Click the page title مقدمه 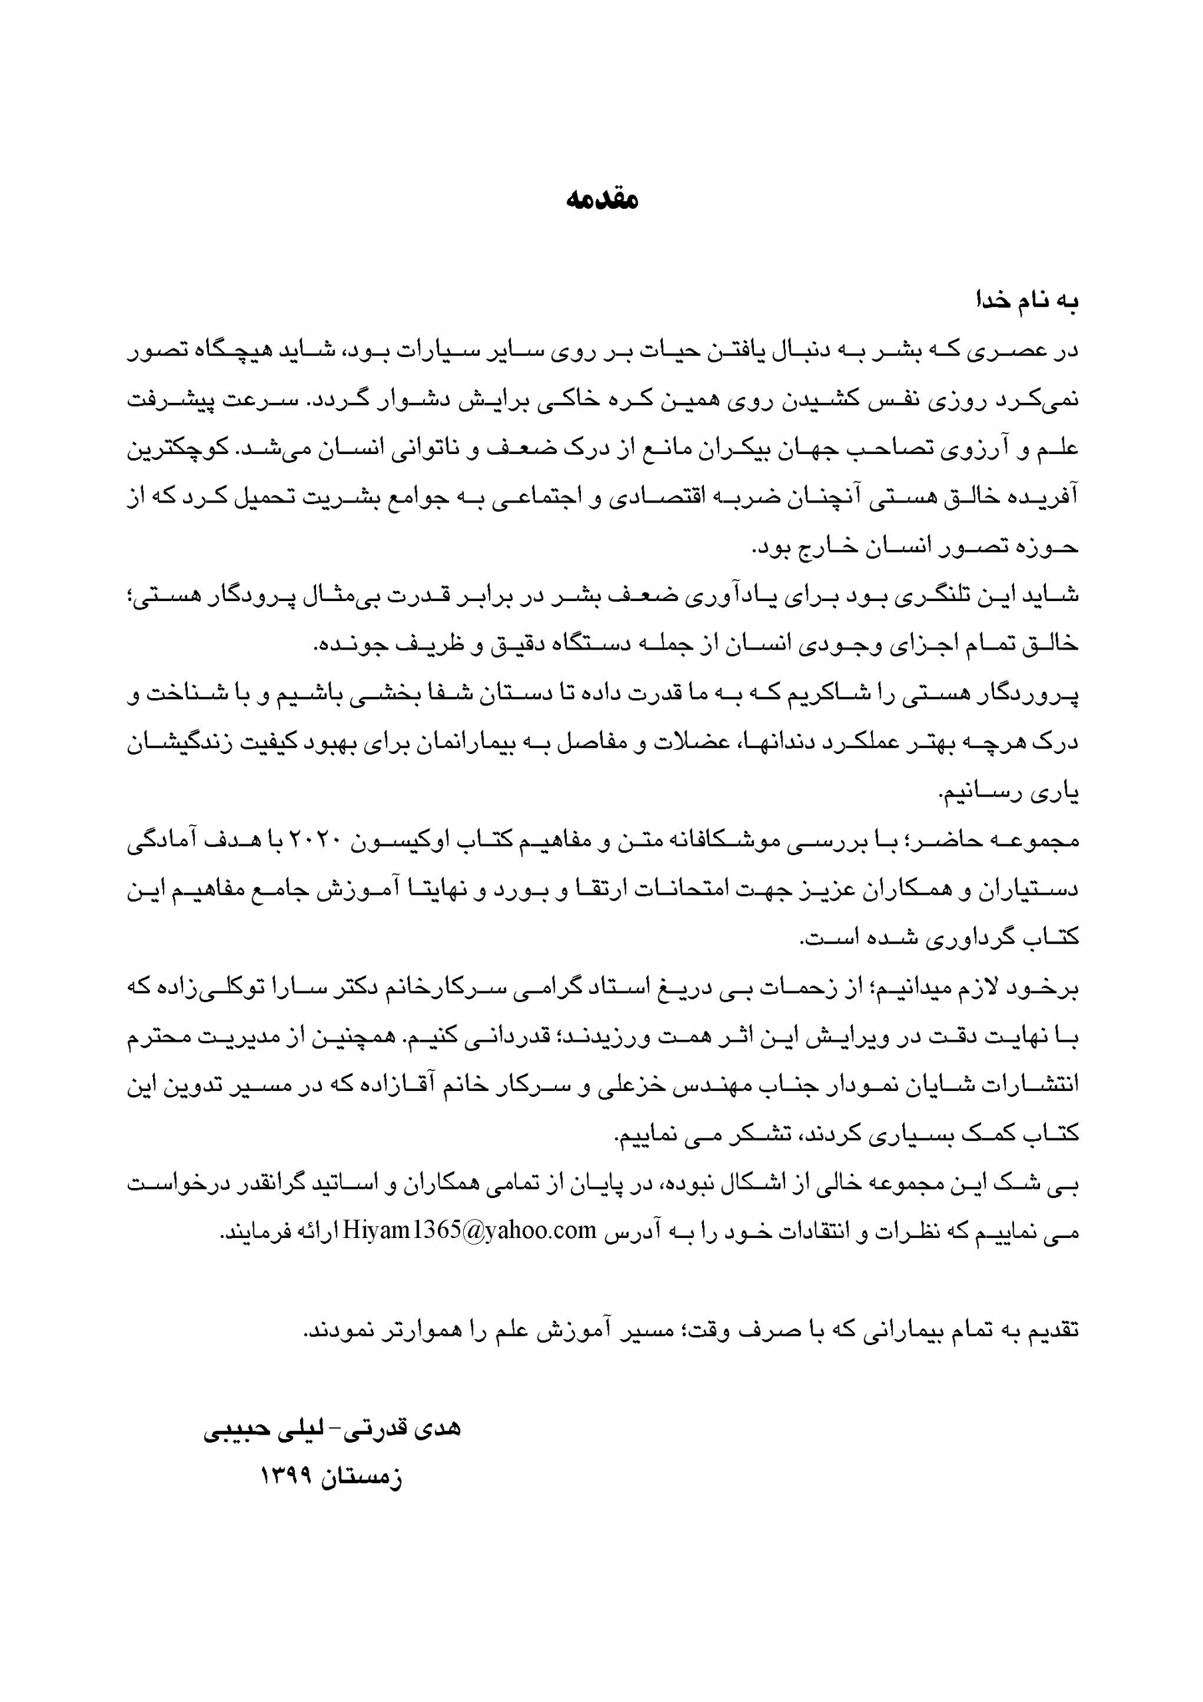pyautogui.click(x=601, y=200)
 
